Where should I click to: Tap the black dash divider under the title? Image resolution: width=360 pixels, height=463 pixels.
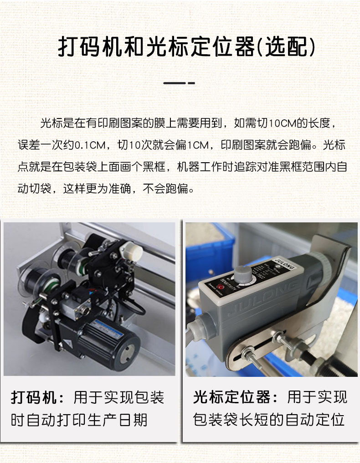coord(179,83)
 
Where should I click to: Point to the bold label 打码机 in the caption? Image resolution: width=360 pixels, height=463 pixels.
coord(33,397)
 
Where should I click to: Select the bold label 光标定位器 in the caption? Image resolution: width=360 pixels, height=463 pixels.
coord(231,397)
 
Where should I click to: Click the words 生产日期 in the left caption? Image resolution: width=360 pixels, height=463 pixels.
coord(117,420)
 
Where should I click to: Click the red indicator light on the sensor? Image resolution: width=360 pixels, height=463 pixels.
coord(219,287)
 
